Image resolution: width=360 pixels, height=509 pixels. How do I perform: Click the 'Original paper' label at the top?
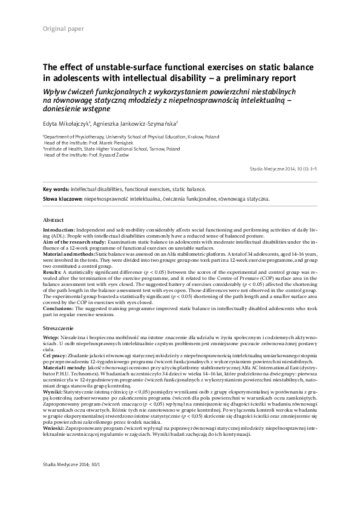point(64,30)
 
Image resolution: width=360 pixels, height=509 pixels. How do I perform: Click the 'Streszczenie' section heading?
point(59,326)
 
